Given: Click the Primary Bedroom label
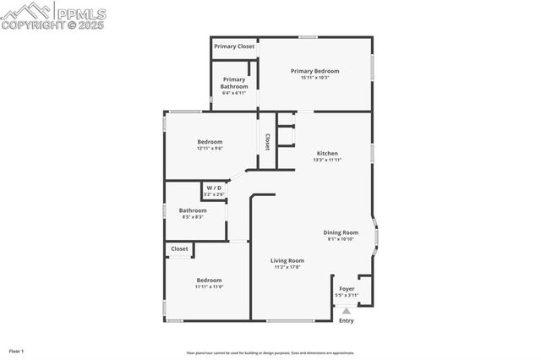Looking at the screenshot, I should click(x=314, y=71).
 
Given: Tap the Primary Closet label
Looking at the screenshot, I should click(x=234, y=46).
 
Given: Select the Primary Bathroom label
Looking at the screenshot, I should click(x=234, y=83).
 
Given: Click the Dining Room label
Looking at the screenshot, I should click(x=341, y=232).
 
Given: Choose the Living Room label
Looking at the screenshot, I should click(x=287, y=260).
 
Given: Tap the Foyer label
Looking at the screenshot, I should click(x=347, y=289).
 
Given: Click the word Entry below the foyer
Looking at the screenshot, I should click(x=347, y=320).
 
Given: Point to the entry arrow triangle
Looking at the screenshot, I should click(x=346, y=310).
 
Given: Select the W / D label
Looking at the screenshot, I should click(x=214, y=188).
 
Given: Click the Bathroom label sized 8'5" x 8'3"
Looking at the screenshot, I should click(x=193, y=210).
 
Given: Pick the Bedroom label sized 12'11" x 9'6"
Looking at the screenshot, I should click(x=210, y=141).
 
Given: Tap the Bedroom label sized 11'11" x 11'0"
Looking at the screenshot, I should click(x=209, y=280).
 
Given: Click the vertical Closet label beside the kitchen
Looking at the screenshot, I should click(x=267, y=141).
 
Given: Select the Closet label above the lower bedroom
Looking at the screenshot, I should click(x=180, y=248).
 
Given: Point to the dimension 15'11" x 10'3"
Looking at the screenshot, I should click(x=314, y=78).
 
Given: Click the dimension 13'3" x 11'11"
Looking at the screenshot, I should click(x=326, y=160).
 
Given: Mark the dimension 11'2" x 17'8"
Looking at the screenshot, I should click(x=287, y=267).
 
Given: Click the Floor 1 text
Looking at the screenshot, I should click(x=16, y=351).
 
